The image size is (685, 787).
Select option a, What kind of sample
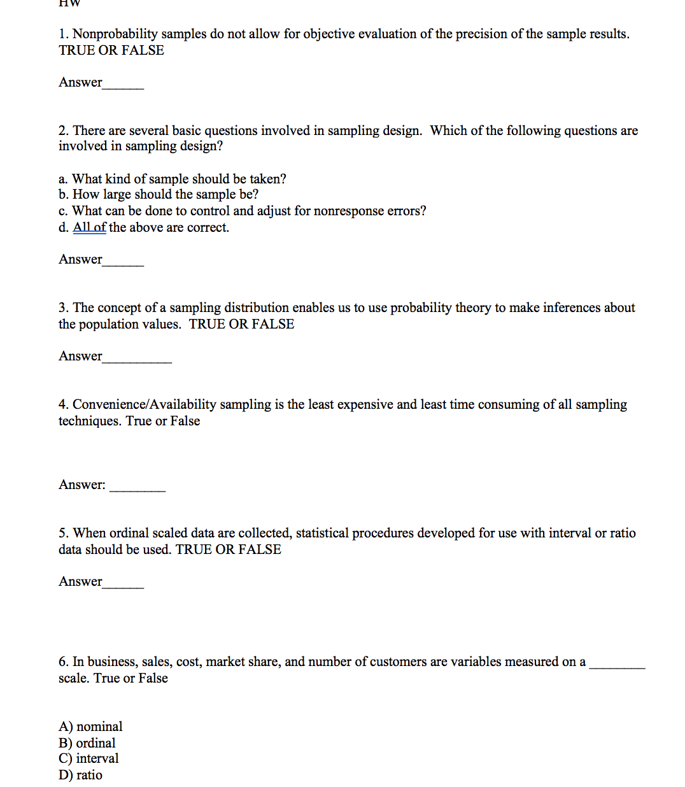[x=172, y=179]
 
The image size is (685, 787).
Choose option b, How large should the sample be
[x=159, y=194]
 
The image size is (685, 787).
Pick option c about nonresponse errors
[x=242, y=211]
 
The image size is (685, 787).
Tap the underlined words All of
[x=89, y=227]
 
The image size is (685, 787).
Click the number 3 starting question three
[x=62, y=308]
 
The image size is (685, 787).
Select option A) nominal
[x=90, y=727]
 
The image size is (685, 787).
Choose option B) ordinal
[x=87, y=743]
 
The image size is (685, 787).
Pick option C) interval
[x=88, y=758]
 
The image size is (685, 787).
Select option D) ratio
[x=80, y=775]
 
